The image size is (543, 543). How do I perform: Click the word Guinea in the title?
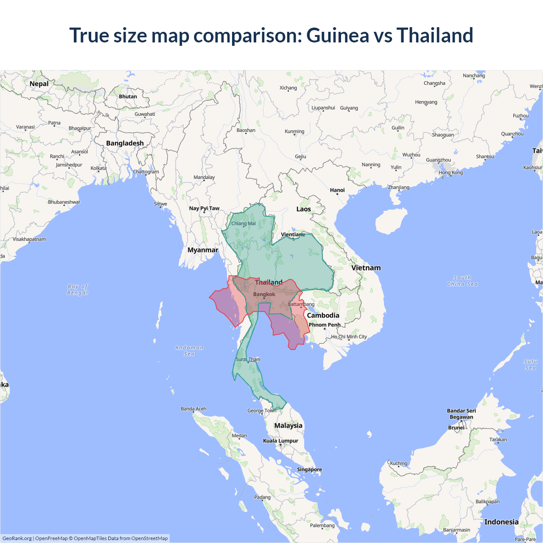click(x=338, y=35)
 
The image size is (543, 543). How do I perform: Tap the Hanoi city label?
click(x=337, y=190)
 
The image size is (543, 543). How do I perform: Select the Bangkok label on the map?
click(x=264, y=294)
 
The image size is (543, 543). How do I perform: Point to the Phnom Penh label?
click(x=325, y=325)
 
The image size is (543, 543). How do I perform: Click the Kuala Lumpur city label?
click(x=280, y=441)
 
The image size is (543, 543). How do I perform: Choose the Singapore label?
click(x=309, y=470)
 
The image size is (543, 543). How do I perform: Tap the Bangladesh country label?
click(x=125, y=143)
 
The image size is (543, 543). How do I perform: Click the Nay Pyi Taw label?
click(x=204, y=208)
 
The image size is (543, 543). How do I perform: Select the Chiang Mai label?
click(x=244, y=224)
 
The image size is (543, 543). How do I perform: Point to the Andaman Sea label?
click(x=189, y=351)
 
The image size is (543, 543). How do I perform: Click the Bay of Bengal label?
click(x=78, y=289)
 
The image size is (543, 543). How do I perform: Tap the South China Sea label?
click(x=462, y=281)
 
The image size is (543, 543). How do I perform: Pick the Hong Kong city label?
click(x=451, y=173)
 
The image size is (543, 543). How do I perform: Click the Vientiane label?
click(x=293, y=235)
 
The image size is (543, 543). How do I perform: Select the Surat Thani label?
click(x=248, y=359)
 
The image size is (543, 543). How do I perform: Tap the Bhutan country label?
click(x=128, y=97)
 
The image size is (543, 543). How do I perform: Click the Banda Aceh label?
click(x=193, y=409)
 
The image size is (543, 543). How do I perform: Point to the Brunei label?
click(x=456, y=428)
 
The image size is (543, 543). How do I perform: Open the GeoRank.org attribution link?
click(x=17, y=538)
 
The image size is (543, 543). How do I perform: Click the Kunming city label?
click(x=294, y=132)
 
